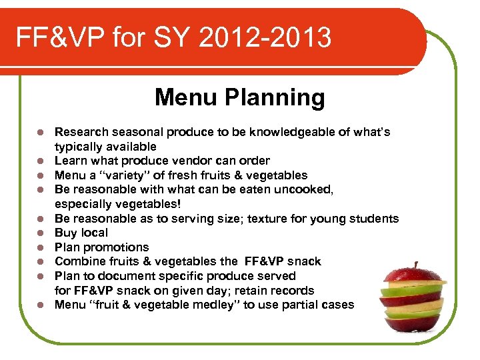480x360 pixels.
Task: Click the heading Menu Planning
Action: (240, 98)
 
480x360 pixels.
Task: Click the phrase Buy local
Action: (81, 233)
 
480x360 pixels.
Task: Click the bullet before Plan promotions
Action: (40, 247)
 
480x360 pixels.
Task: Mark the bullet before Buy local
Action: (40, 233)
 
